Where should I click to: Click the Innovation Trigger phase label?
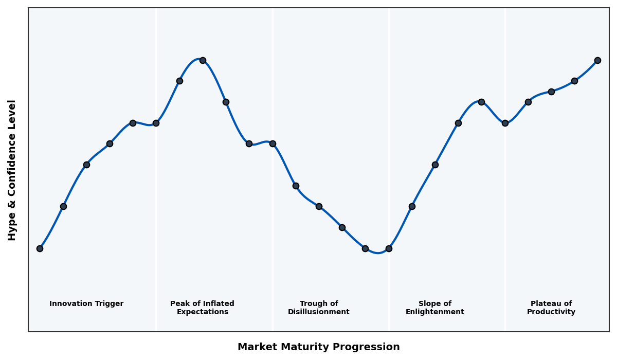click(86, 304)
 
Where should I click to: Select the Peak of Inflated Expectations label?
click(202, 308)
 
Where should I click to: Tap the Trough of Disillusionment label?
click(319, 308)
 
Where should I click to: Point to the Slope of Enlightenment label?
click(435, 308)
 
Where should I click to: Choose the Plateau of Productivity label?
click(551, 308)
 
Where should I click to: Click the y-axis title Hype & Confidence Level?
click(12, 170)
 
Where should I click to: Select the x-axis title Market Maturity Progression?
click(319, 347)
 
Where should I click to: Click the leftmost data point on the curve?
click(40, 248)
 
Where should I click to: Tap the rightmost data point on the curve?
click(597, 60)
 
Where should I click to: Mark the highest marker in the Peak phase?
click(203, 60)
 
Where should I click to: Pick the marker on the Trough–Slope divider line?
click(389, 248)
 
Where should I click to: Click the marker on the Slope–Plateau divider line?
click(505, 123)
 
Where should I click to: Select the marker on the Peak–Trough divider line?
click(273, 143)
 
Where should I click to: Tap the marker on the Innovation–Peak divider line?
click(156, 123)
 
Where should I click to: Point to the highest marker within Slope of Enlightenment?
click(481, 102)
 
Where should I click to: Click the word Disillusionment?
click(319, 312)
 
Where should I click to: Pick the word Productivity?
click(551, 312)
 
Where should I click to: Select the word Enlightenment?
click(435, 312)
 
